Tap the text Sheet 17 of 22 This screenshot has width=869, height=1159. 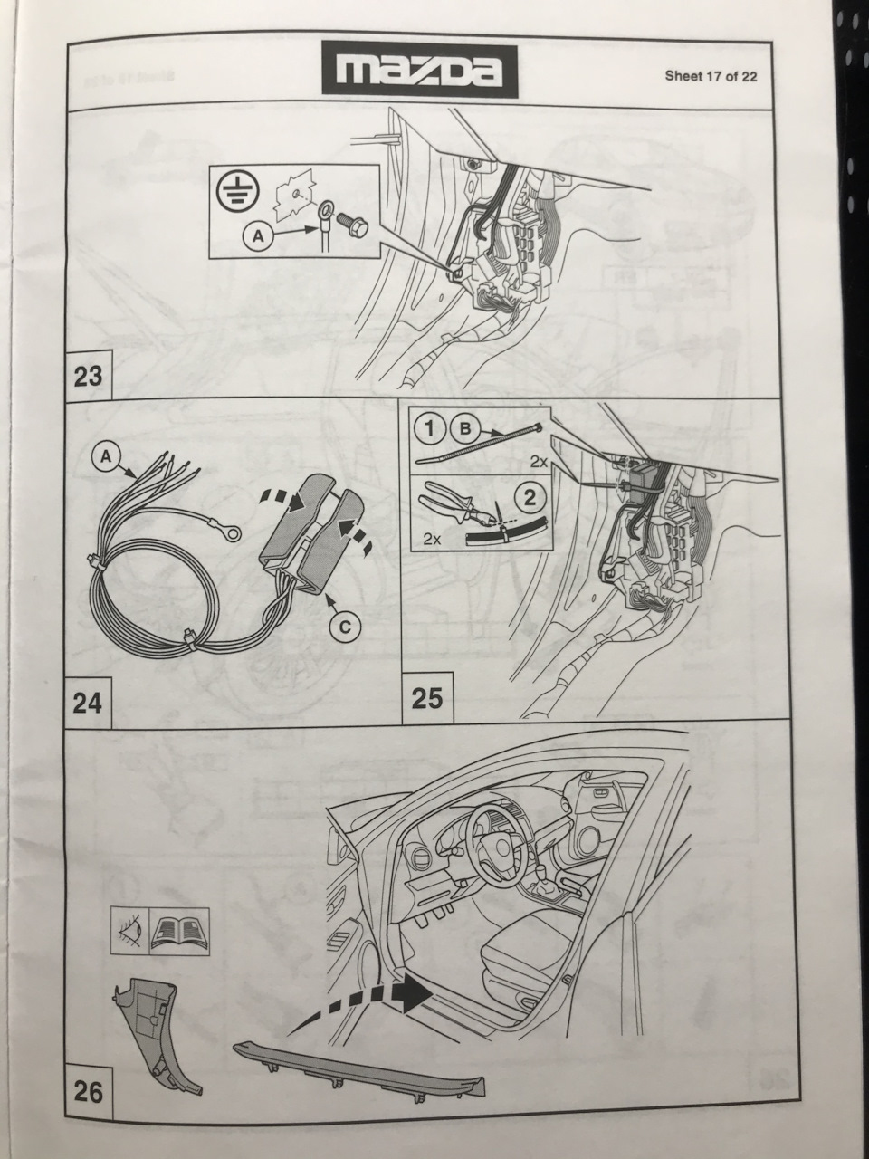[x=711, y=76]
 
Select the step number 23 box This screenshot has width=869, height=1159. [x=88, y=375]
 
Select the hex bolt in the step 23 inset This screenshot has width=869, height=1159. [x=352, y=227]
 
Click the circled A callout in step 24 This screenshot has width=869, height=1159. [x=106, y=457]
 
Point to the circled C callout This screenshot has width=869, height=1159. [x=344, y=627]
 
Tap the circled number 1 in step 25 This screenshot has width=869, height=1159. [x=431, y=429]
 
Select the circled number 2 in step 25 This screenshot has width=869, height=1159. [x=530, y=497]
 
